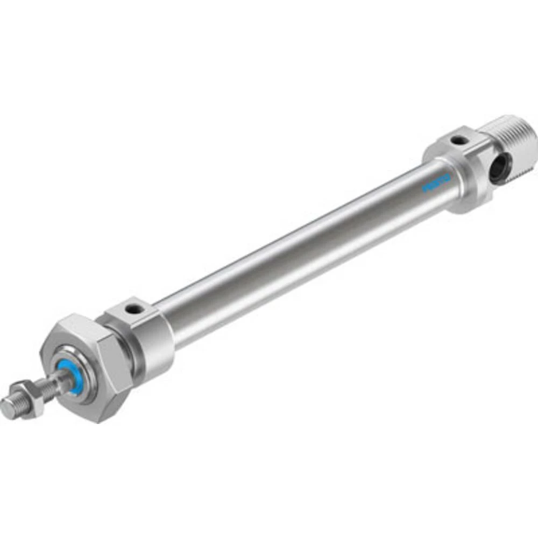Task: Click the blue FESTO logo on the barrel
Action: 436,183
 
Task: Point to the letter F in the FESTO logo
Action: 426,189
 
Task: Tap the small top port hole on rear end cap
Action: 459,140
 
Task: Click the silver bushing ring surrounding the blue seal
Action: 81,377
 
